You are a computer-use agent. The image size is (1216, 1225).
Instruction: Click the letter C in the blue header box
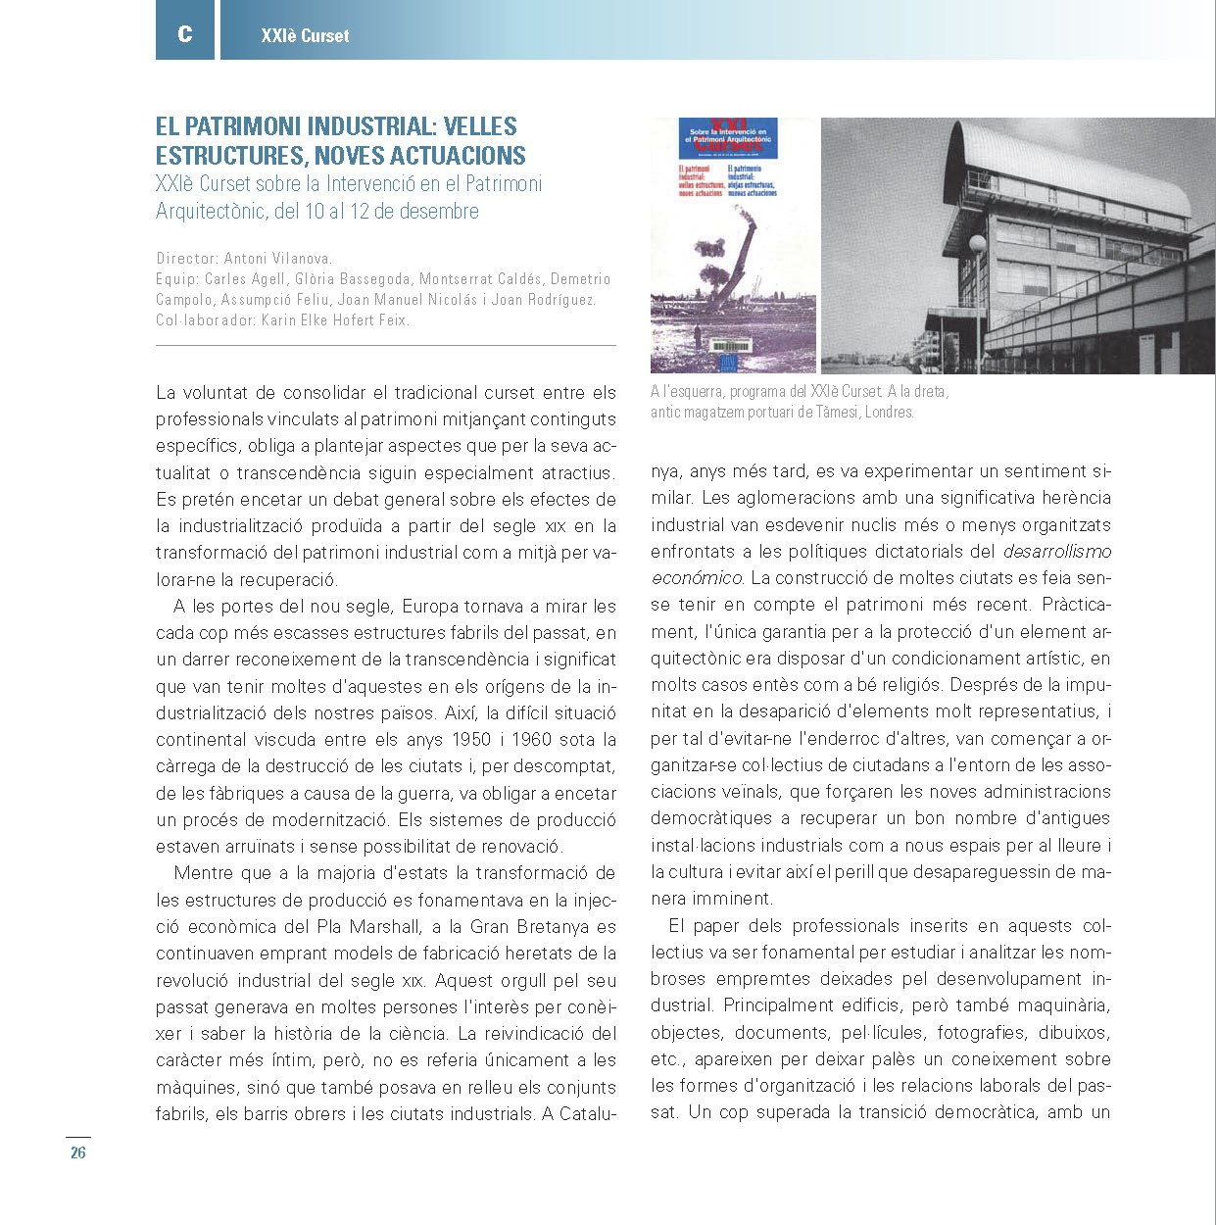click(x=184, y=34)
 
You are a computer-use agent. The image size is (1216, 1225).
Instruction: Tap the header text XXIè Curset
click(x=305, y=36)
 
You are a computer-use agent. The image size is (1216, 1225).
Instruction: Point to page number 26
click(x=78, y=1153)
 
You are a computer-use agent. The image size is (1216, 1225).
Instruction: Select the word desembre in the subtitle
click(x=439, y=212)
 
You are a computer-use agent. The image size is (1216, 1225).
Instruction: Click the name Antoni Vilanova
click(x=278, y=259)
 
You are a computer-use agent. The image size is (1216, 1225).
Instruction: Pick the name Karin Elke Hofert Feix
click(x=334, y=320)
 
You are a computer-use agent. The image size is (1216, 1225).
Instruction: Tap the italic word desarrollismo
click(x=1057, y=552)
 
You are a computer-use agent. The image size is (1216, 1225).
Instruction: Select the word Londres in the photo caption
click(x=889, y=413)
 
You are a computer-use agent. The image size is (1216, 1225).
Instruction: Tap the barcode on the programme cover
click(x=729, y=346)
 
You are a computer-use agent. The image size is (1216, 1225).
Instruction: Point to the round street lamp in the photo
click(x=977, y=244)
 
